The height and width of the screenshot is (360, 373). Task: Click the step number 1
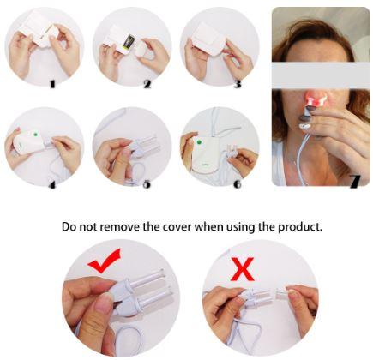pyautogui.click(x=52, y=84)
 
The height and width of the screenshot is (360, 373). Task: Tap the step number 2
pyautogui.click(x=147, y=84)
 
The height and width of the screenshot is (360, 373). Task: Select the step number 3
pyautogui.click(x=238, y=84)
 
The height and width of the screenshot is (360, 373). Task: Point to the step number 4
pyautogui.click(x=52, y=185)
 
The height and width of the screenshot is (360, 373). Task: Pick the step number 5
pyautogui.click(x=147, y=184)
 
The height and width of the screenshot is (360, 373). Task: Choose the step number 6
pyautogui.click(x=238, y=184)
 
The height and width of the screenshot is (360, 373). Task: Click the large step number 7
pyautogui.click(x=354, y=181)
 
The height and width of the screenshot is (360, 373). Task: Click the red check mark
pyautogui.click(x=105, y=261)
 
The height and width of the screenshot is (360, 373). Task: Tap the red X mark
pyautogui.click(x=243, y=269)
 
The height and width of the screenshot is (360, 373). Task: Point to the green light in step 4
pyautogui.click(x=36, y=134)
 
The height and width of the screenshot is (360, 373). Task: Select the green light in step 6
pyautogui.click(x=199, y=142)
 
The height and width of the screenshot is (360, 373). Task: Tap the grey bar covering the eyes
pyautogui.click(x=321, y=76)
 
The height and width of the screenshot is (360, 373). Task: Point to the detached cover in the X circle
pyautogui.click(x=284, y=293)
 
